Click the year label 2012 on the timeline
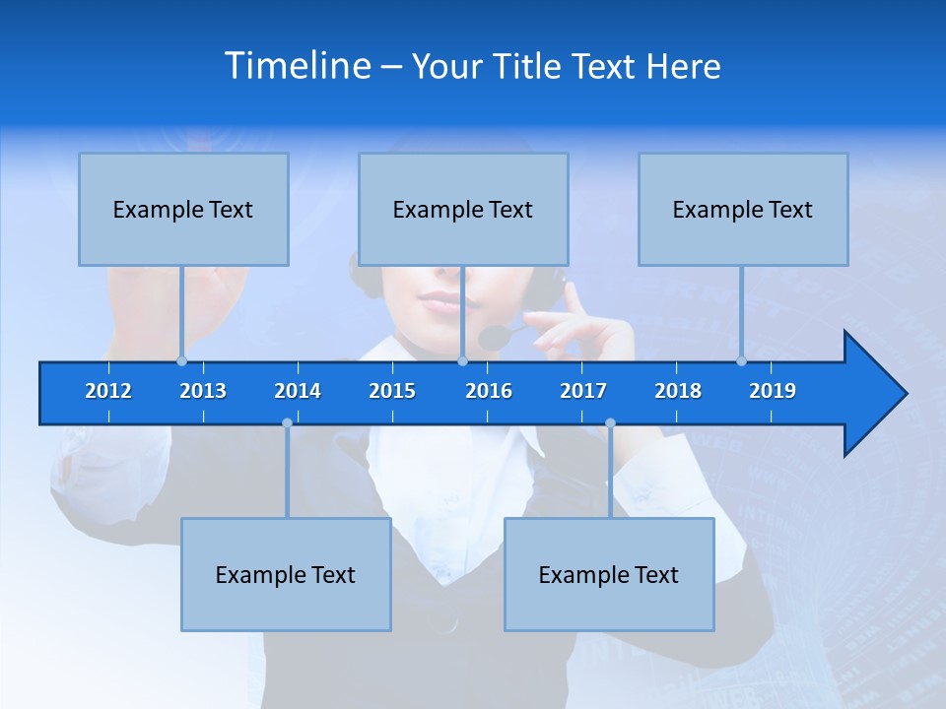coord(108,391)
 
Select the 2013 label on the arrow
coord(203,391)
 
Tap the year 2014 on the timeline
coord(298,391)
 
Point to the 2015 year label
coord(392,391)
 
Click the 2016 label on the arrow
coord(489,391)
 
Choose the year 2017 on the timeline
coord(583,391)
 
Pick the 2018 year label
coord(678,391)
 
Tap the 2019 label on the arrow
coord(773,391)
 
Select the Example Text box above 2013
coord(183,209)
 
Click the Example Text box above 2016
coord(463,209)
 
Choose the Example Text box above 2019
coord(743,209)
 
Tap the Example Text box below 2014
coord(286,574)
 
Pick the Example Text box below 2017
coord(609,574)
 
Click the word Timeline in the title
coord(296,65)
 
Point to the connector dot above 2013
coord(181,361)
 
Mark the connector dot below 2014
coord(287,423)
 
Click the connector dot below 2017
coord(610,423)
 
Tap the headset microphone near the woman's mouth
coord(492,338)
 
